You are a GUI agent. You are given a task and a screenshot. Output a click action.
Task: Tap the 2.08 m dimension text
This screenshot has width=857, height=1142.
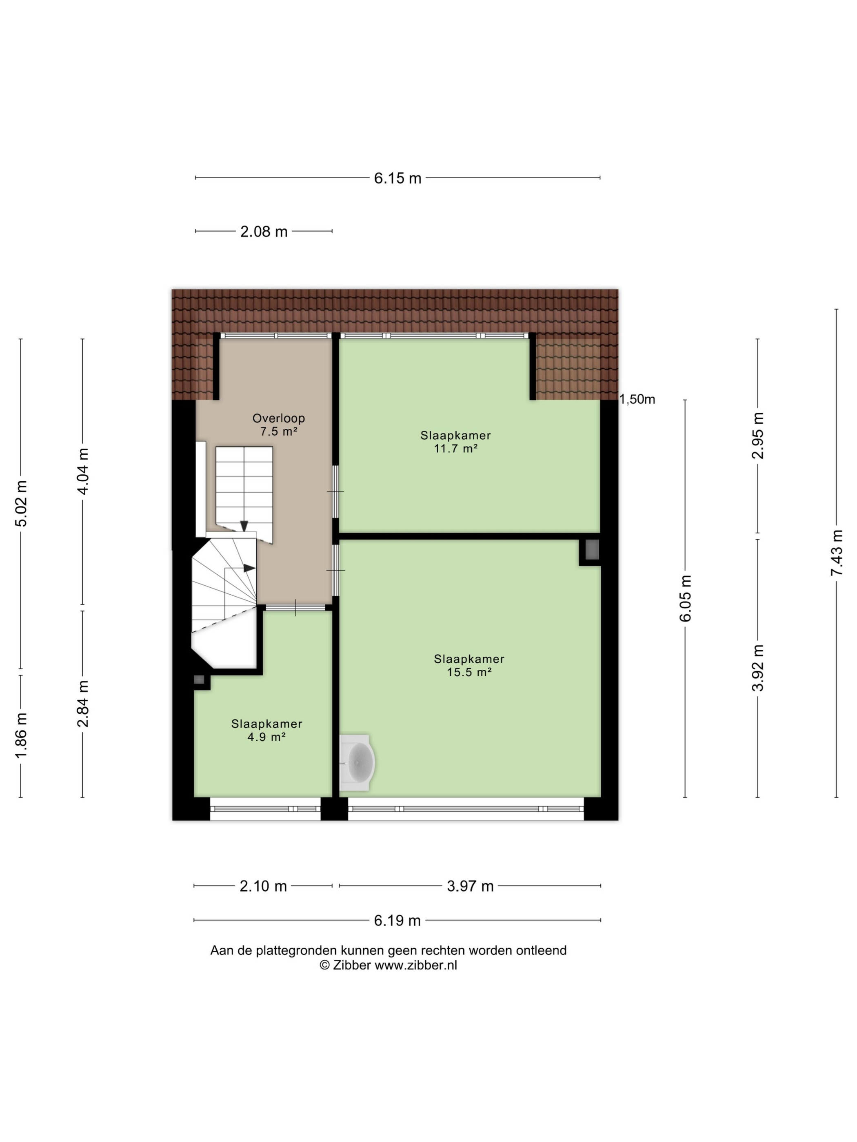(x=264, y=231)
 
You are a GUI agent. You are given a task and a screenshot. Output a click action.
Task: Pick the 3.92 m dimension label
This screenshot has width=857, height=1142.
(x=758, y=668)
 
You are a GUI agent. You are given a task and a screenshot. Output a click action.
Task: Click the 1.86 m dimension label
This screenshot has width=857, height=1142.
(x=21, y=736)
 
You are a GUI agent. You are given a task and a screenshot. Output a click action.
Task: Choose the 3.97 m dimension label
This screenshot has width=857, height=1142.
(x=470, y=886)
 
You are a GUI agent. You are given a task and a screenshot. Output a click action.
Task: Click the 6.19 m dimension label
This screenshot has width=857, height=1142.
(x=397, y=921)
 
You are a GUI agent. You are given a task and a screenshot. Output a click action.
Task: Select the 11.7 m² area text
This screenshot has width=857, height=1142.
(x=455, y=448)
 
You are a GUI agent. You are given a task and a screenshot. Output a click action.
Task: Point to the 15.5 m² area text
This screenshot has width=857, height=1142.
(x=469, y=672)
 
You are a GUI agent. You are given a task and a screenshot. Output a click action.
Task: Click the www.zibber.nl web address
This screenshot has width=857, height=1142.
(x=416, y=965)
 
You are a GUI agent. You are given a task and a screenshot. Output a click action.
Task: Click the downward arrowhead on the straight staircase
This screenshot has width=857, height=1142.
(x=244, y=526)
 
